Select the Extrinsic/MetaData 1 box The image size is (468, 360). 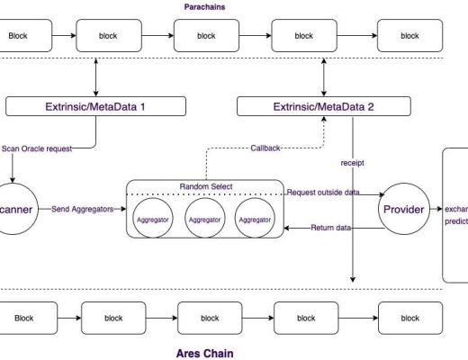94,107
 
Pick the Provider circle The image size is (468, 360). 404,210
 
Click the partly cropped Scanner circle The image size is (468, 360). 13,210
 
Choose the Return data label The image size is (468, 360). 328,228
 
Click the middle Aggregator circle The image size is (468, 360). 206,218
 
